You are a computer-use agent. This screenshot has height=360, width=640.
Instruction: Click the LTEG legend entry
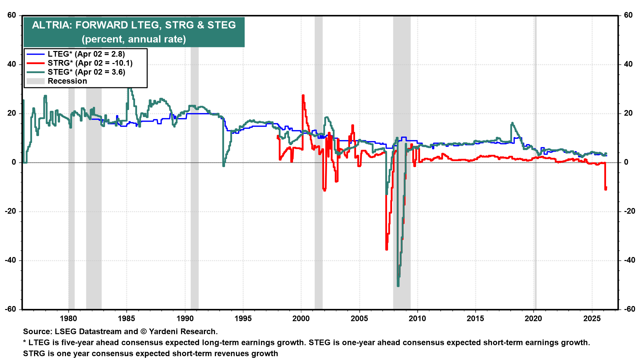86,54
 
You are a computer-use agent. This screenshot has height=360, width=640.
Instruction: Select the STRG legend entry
90,63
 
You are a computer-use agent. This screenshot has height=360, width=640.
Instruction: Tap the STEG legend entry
86,72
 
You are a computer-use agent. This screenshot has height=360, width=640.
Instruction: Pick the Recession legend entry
67,81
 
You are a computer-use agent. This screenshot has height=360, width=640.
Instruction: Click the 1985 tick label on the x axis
126,318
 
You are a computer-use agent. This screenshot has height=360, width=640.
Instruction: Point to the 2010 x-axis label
417,318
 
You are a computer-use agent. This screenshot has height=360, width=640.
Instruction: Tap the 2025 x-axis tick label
592,318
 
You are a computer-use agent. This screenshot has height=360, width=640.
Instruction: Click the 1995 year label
243,318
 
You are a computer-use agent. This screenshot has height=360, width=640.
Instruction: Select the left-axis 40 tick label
12,64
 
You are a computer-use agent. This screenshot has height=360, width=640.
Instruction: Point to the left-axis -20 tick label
11,211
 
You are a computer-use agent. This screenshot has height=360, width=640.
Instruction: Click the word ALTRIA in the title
52,25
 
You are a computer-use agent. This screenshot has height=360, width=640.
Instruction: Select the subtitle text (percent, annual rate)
134,39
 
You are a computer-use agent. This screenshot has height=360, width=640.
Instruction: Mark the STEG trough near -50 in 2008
398,285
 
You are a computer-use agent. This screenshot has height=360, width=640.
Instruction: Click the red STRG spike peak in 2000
303,96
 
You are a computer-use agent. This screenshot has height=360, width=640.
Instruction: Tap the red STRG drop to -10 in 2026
606,188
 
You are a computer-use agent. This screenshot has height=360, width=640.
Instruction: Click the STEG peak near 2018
512,123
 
